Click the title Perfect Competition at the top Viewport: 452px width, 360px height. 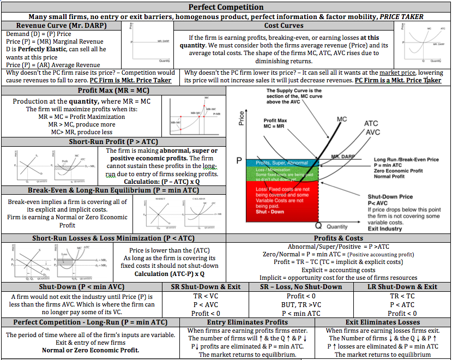226,7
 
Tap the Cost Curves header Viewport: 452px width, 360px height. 284,26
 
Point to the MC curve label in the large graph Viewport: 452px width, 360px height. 342,119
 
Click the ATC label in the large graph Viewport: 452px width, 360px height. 371,124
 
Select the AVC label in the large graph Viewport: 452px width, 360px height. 372,132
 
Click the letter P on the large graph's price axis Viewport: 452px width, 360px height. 239,161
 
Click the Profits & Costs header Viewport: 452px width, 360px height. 339,238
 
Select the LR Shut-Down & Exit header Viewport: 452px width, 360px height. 402,286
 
